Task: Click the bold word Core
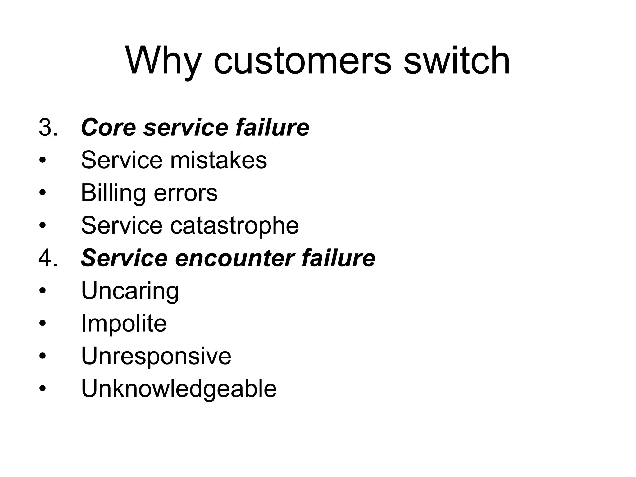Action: pos(108,128)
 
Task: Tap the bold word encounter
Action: pos(234,258)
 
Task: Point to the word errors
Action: pos(186,193)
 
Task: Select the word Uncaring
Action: pos(130,291)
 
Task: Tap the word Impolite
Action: pos(124,324)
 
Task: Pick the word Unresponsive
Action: pos(156,356)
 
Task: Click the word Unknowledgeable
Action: pos(179,389)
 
